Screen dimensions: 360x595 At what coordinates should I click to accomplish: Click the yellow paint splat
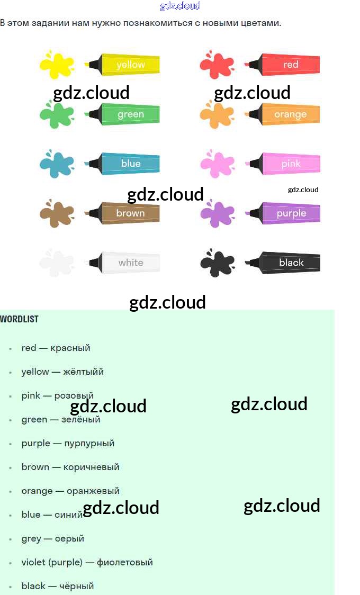(56, 65)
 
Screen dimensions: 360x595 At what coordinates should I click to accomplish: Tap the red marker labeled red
(283, 65)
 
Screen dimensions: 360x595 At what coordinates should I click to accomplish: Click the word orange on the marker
(290, 114)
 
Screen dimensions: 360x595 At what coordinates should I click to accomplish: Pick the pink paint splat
(217, 164)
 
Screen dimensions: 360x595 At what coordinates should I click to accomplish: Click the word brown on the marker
(130, 213)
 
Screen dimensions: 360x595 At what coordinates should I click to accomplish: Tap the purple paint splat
(217, 213)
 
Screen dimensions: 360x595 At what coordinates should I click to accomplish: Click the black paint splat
(217, 263)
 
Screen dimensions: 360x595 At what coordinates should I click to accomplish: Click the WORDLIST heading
(19, 319)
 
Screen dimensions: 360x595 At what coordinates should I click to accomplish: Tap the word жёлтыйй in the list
(84, 372)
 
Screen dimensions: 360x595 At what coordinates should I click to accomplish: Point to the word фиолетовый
(124, 563)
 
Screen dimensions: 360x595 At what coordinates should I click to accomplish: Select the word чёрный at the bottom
(76, 587)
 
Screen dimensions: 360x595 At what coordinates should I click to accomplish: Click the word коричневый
(91, 467)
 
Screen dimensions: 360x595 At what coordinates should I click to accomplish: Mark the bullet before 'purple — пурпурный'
(10, 444)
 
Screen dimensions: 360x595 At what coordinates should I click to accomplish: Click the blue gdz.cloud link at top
(180, 6)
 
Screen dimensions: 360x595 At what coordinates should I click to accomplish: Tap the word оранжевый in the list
(93, 491)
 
